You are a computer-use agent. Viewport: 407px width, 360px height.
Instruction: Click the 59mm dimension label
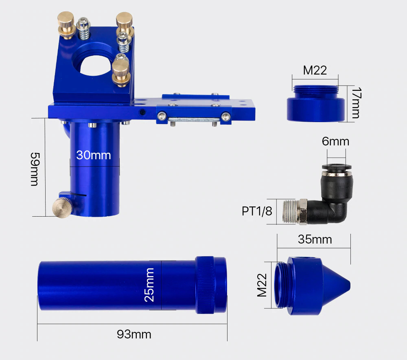[x=35, y=169]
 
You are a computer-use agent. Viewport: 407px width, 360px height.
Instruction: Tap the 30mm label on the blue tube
[x=94, y=155]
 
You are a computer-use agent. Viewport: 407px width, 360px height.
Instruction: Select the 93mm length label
[x=134, y=334]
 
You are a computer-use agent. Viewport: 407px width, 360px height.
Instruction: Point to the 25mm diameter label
[x=149, y=285]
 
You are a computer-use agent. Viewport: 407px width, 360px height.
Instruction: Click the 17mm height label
[x=356, y=103]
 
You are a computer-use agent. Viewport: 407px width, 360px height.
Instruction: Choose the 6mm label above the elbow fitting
[x=335, y=142]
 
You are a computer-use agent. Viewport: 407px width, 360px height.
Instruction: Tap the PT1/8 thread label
[x=257, y=211]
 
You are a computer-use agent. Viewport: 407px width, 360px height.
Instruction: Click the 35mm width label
[x=315, y=239]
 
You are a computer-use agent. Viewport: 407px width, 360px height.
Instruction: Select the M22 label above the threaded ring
[x=315, y=70]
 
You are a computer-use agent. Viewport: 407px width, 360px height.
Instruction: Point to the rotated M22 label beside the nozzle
[x=262, y=285]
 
